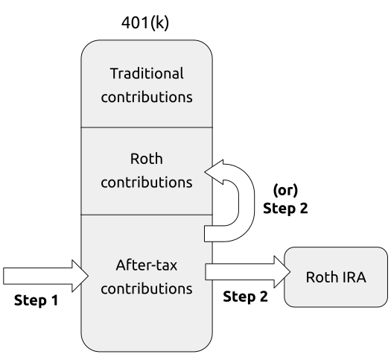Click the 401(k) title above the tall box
click(145, 23)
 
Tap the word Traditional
click(147, 74)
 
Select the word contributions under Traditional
click(147, 97)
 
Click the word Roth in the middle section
click(147, 159)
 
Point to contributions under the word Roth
click(147, 182)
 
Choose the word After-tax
click(147, 265)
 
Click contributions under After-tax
click(147, 288)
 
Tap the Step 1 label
click(36, 300)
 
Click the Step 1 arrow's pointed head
click(89, 276)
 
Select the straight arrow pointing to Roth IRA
click(248, 272)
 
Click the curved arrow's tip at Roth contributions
click(205, 171)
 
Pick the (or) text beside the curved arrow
click(285, 190)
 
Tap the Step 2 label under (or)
click(285, 208)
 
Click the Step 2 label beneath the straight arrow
click(245, 297)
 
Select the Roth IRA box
click(336, 277)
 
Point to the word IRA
click(355, 277)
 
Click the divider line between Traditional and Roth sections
click(147, 127)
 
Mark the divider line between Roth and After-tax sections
click(147, 215)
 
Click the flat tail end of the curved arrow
click(205, 233)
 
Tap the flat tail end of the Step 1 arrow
click(4, 276)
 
